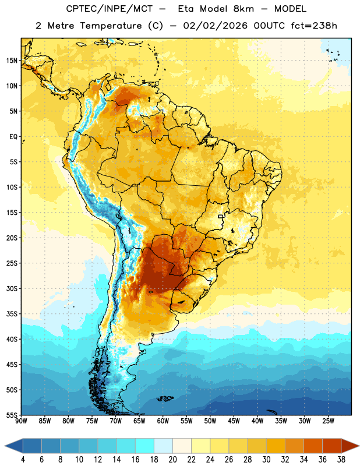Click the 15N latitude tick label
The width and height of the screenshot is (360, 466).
(x=12, y=61)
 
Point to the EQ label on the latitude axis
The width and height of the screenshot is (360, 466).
(x=13, y=137)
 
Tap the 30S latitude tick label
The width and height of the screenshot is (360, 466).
(x=12, y=288)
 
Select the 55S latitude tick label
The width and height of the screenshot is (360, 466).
(x=12, y=415)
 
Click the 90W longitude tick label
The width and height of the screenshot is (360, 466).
(x=22, y=421)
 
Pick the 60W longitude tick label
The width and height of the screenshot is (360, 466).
(x=163, y=421)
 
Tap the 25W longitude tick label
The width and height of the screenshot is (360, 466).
(x=328, y=421)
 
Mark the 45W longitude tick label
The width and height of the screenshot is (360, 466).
(x=234, y=421)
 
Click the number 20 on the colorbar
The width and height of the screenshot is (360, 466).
(x=172, y=460)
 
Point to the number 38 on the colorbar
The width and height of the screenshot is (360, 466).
(x=341, y=460)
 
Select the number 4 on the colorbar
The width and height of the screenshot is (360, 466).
(x=23, y=460)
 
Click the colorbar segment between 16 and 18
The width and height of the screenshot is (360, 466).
(x=145, y=446)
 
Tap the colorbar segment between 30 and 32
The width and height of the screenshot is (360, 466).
(x=276, y=446)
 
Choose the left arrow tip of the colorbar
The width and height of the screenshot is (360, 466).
(x=5, y=446)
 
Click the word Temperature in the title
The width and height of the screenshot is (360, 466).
(x=111, y=26)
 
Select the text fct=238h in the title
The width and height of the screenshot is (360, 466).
(x=314, y=26)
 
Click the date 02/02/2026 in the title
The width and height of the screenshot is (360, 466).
(x=215, y=26)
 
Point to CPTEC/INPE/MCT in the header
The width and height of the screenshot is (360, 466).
(x=110, y=9)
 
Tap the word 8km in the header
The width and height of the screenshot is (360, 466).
(x=243, y=9)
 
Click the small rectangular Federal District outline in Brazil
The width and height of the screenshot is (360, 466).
(x=221, y=216)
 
